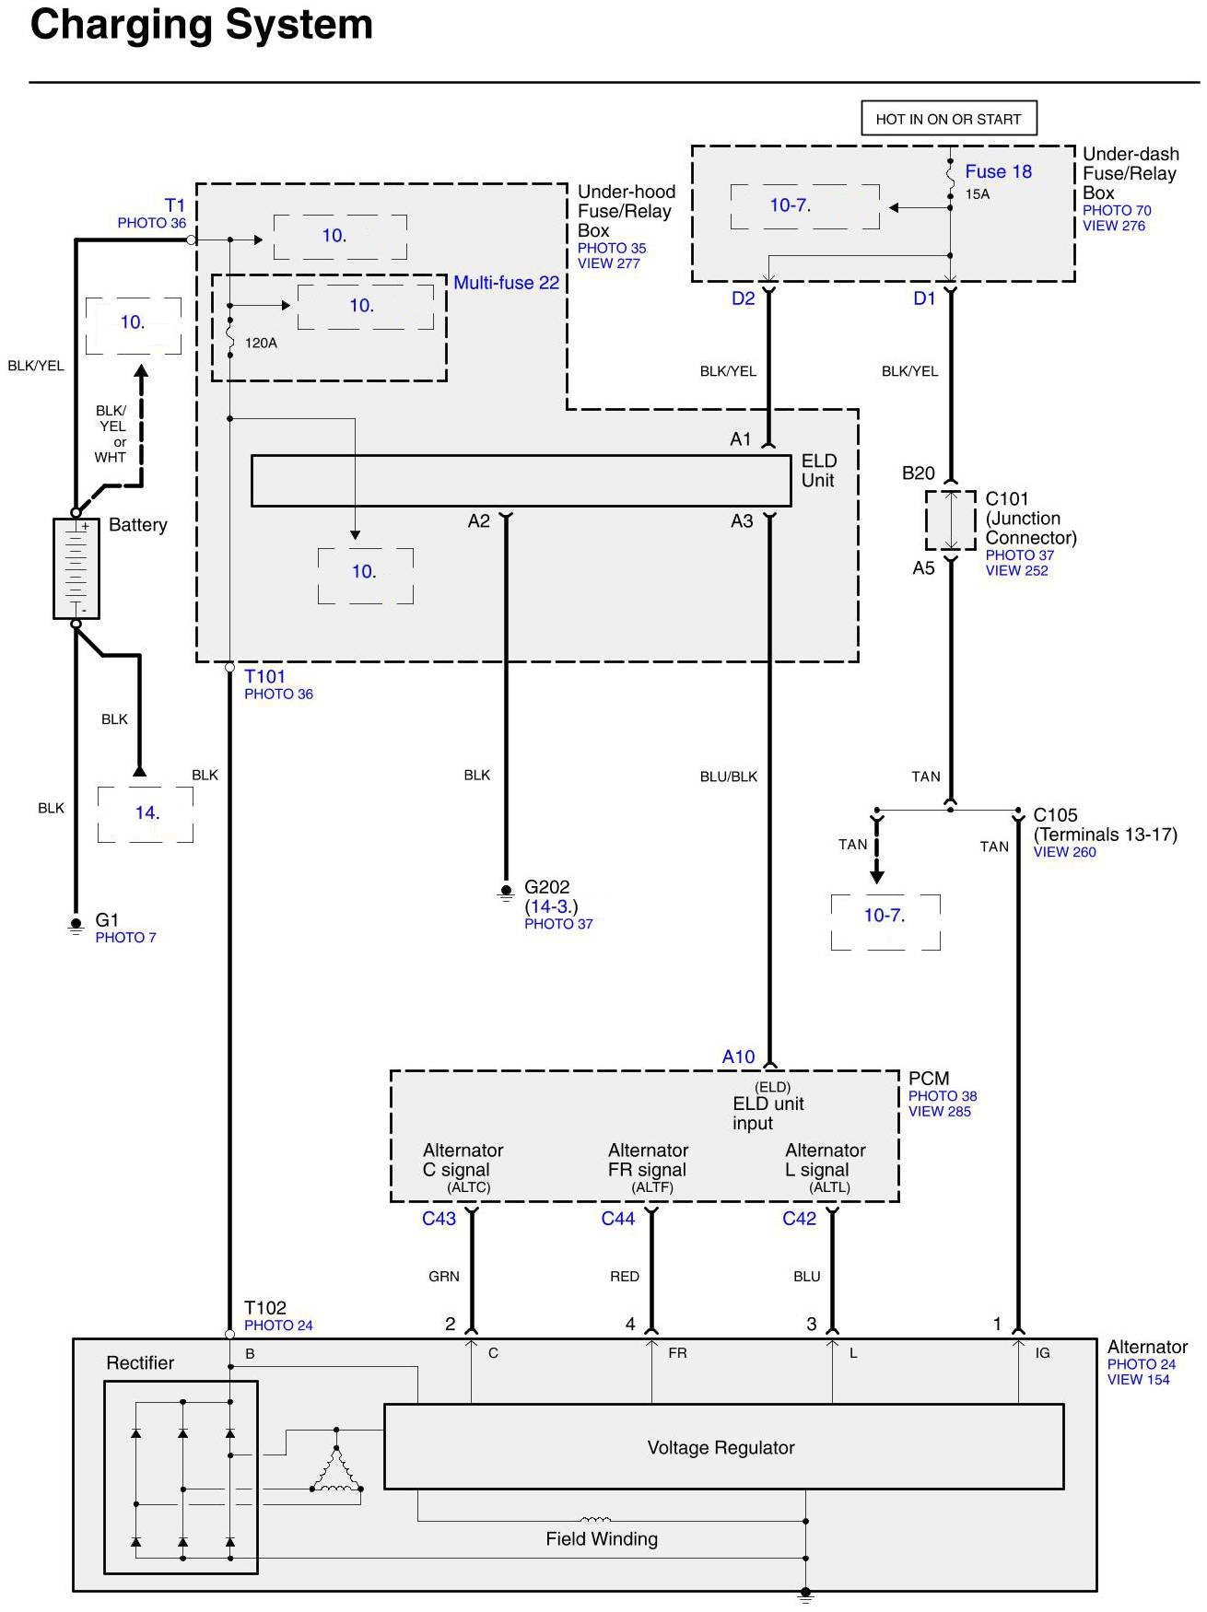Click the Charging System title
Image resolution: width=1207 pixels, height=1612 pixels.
[x=202, y=25]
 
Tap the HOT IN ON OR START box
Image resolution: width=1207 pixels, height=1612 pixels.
[x=948, y=119]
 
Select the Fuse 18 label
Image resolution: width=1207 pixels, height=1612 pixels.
[x=998, y=171]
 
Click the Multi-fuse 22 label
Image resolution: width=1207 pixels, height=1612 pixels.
[x=506, y=283]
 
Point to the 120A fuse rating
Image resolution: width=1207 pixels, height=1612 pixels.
[x=261, y=343]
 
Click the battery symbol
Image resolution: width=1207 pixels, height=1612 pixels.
[x=76, y=567]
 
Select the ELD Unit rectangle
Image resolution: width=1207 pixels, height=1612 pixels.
[x=521, y=480]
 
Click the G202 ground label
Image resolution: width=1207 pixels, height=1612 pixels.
[x=546, y=887]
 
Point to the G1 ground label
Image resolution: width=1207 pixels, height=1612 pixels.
[x=107, y=920]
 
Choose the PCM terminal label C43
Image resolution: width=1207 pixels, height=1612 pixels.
[x=439, y=1219]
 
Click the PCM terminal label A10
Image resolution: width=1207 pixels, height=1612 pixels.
[x=738, y=1057]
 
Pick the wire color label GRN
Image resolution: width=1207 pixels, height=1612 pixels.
[x=444, y=1277]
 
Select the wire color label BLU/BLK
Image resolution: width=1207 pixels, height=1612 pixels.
[x=728, y=777]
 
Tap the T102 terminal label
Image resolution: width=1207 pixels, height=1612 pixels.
[x=265, y=1308]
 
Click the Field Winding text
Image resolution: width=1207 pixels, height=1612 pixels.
[x=602, y=1539]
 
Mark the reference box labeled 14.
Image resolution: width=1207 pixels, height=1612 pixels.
[x=146, y=813]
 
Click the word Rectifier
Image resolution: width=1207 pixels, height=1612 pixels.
[x=140, y=1363]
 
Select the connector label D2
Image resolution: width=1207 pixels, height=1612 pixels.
[x=743, y=298]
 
